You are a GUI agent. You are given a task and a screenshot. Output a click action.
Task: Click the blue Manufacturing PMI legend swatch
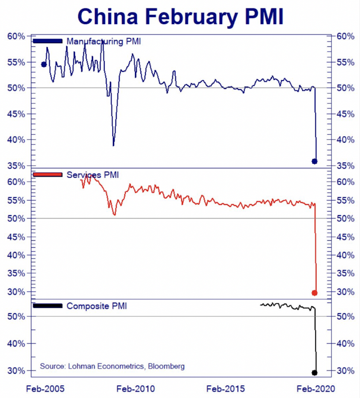coord(48,41)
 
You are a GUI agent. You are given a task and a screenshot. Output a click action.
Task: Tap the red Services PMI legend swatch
coord(48,175)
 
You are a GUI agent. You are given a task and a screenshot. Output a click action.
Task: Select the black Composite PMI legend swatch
coord(48,306)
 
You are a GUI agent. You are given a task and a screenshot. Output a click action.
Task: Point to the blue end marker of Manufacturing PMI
coord(314,161)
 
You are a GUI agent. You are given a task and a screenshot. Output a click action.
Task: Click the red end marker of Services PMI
coord(314,293)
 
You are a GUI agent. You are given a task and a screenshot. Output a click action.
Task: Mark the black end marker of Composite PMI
coord(314,373)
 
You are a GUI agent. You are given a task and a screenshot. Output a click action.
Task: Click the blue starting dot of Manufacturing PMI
coord(44,64)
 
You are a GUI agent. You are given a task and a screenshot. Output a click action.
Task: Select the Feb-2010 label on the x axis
coord(138,388)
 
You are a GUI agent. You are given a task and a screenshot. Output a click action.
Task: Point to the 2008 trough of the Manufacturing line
coord(113,145)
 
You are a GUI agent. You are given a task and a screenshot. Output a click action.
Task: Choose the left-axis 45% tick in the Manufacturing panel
coord(16,114)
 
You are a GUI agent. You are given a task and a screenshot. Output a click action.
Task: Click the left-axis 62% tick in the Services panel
coord(16,182)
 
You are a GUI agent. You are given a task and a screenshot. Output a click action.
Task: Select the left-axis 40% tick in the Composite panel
coord(16,343)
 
